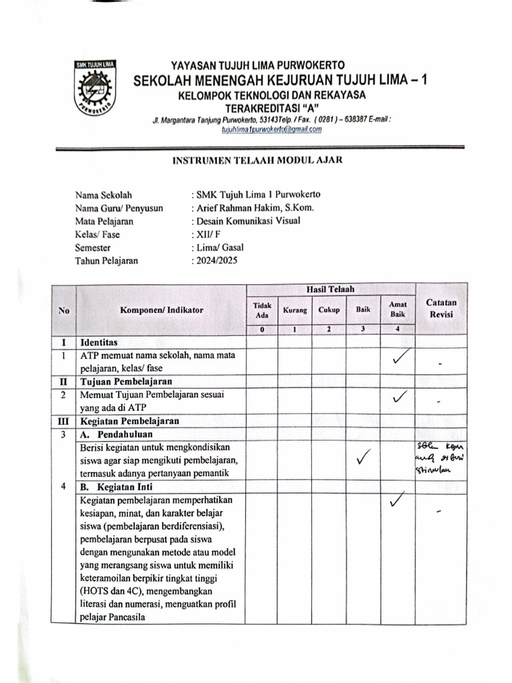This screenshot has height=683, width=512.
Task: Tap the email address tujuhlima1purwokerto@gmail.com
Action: [271, 129]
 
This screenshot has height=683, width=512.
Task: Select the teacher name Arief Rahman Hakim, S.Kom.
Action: [254, 207]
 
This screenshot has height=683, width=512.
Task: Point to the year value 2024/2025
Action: [215, 261]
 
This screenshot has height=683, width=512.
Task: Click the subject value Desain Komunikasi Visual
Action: [247, 221]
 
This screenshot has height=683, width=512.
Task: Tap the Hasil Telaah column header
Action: [330, 289]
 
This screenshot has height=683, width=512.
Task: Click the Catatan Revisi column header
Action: [441, 307]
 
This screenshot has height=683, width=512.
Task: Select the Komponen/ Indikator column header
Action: [162, 309]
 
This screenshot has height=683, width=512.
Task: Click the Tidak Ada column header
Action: [262, 309]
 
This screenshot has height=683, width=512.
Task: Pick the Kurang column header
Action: [295, 310]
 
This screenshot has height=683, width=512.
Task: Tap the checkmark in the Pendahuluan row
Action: [364, 458]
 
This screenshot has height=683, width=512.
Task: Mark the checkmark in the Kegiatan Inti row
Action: [398, 499]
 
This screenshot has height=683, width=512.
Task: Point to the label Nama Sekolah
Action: [103, 195]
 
